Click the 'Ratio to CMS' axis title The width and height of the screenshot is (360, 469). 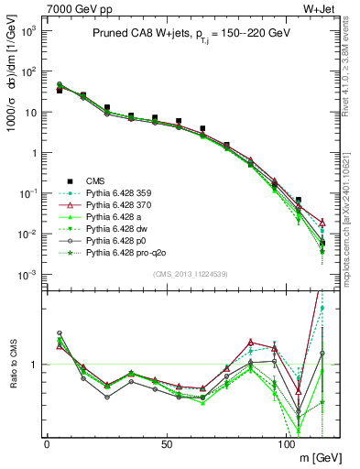[11, 365]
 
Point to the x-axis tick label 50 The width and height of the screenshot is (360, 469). [167, 444]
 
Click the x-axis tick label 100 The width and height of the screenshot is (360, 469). [286, 444]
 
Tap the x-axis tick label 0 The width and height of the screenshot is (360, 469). [47, 444]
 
